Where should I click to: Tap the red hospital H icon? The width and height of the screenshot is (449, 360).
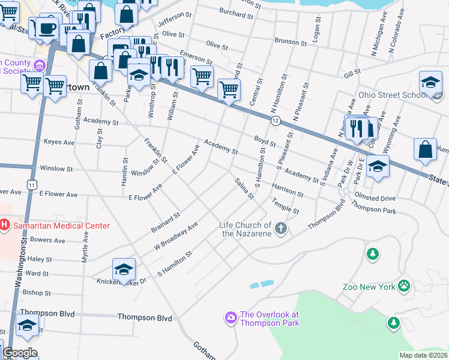[5, 226]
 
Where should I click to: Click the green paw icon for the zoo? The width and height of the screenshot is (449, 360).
[405, 286]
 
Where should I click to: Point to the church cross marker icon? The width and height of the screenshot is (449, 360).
[280, 229]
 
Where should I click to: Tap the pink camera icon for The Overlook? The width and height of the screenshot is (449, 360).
[231, 316]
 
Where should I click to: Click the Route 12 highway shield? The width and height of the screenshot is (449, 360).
[276, 121]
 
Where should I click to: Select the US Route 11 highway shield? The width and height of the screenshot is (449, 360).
[30, 186]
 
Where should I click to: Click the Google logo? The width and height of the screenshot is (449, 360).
[20, 353]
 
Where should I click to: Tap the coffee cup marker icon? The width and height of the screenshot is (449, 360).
[47, 28]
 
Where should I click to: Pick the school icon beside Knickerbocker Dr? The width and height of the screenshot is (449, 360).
[124, 269]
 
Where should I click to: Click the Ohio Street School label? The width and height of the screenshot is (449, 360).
[393, 95]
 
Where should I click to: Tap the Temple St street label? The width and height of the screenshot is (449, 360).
[285, 207]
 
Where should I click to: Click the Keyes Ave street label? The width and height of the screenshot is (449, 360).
[59, 143]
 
